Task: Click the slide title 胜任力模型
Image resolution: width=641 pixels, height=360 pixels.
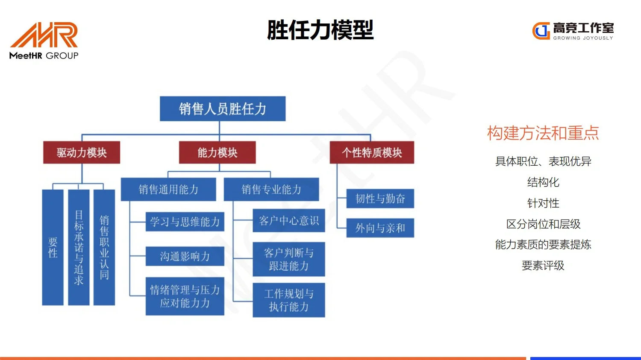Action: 320,30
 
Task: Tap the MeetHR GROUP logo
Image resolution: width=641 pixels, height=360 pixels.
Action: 44,41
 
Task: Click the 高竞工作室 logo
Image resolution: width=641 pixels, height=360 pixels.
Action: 573,31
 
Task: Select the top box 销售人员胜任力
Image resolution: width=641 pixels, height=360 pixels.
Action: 222,109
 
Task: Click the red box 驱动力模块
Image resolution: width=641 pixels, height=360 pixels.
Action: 82,152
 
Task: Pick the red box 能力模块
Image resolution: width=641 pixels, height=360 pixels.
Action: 217,152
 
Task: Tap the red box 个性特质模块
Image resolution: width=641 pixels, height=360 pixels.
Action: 372,152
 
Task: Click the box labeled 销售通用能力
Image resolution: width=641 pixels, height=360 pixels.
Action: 168,190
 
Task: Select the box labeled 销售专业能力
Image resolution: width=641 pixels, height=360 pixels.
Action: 271,190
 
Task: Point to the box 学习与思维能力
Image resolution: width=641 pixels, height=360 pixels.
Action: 185,222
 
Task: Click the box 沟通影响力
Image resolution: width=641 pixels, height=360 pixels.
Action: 185,256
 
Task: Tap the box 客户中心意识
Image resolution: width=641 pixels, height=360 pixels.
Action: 289,220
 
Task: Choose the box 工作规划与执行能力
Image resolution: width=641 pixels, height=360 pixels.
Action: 289,300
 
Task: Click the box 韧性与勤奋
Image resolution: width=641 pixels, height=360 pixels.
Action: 380,199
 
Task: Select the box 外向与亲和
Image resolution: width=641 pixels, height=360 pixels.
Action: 380,228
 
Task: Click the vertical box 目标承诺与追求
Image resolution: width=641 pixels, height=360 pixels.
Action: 79,247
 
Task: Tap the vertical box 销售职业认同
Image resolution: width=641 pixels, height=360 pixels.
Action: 104,247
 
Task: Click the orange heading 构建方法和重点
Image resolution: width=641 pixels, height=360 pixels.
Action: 543,133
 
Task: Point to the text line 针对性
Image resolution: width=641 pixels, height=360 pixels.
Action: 543,203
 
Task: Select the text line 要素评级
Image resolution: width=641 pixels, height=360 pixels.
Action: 543,266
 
